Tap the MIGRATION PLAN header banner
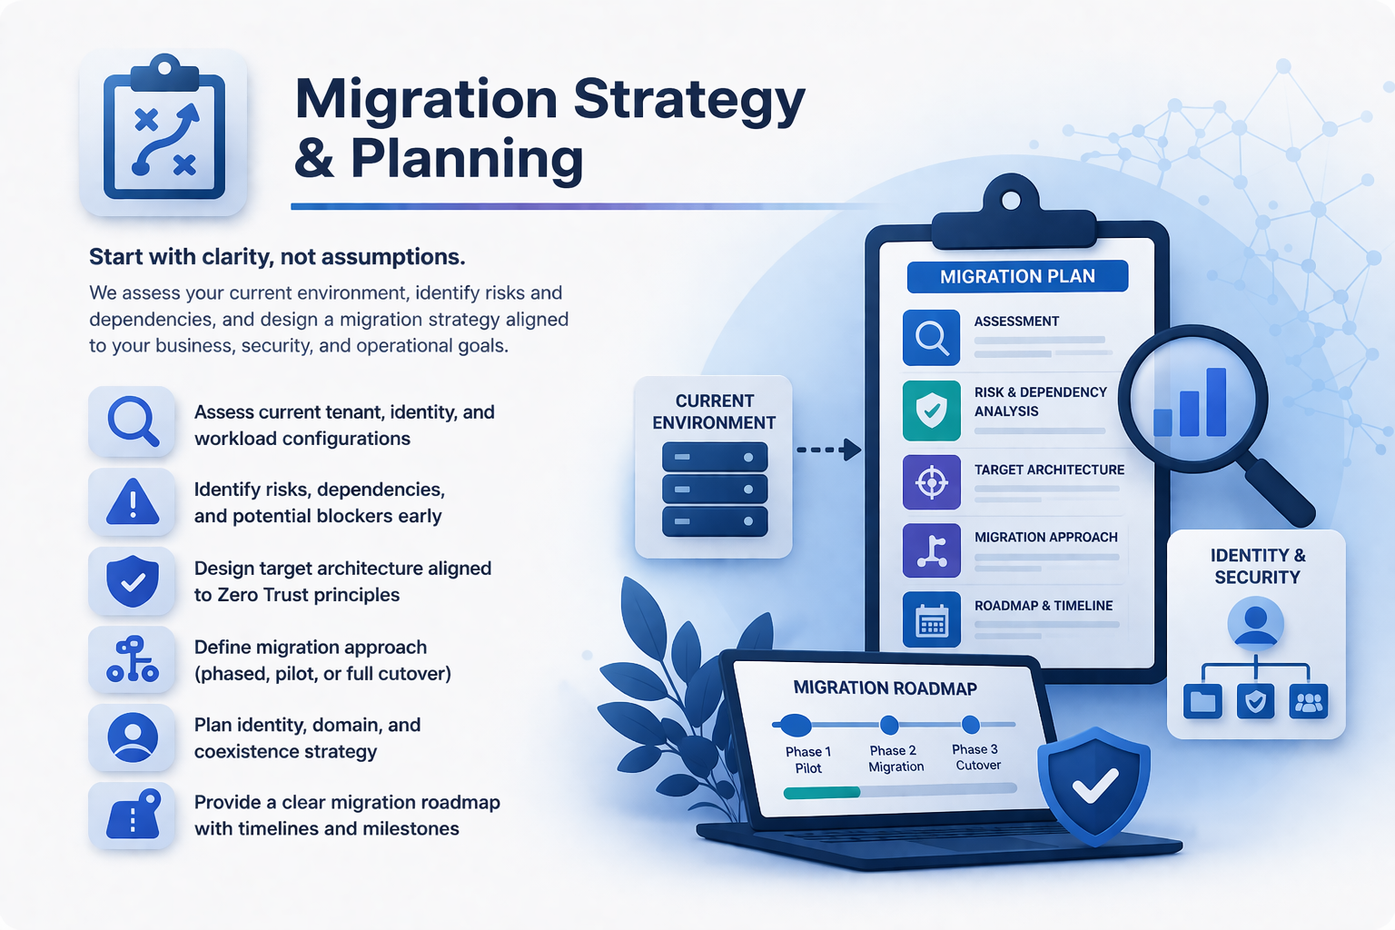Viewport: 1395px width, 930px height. click(1017, 277)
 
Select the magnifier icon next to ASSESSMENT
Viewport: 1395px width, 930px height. click(931, 338)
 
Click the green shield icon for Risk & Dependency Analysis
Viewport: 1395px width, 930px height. click(931, 411)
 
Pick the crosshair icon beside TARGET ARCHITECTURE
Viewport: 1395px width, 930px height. click(931, 482)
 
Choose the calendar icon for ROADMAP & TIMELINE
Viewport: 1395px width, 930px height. click(931, 619)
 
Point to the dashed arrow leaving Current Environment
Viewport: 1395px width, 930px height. click(829, 450)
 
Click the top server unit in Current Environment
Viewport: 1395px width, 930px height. click(715, 457)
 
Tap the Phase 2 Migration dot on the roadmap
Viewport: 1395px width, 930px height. click(889, 725)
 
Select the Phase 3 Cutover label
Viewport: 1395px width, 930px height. click(976, 757)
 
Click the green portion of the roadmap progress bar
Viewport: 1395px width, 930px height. click(821, 792)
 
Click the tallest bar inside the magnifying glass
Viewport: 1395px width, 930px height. click(1216, 401)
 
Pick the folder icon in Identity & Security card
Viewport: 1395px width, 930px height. click(1202, 701)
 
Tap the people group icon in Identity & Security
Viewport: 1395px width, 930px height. click(1309, 701)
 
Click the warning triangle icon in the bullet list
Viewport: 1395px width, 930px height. click(132, 501)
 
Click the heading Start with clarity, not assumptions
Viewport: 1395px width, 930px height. click(277, 257)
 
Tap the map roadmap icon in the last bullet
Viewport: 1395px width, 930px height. click(134, 814)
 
